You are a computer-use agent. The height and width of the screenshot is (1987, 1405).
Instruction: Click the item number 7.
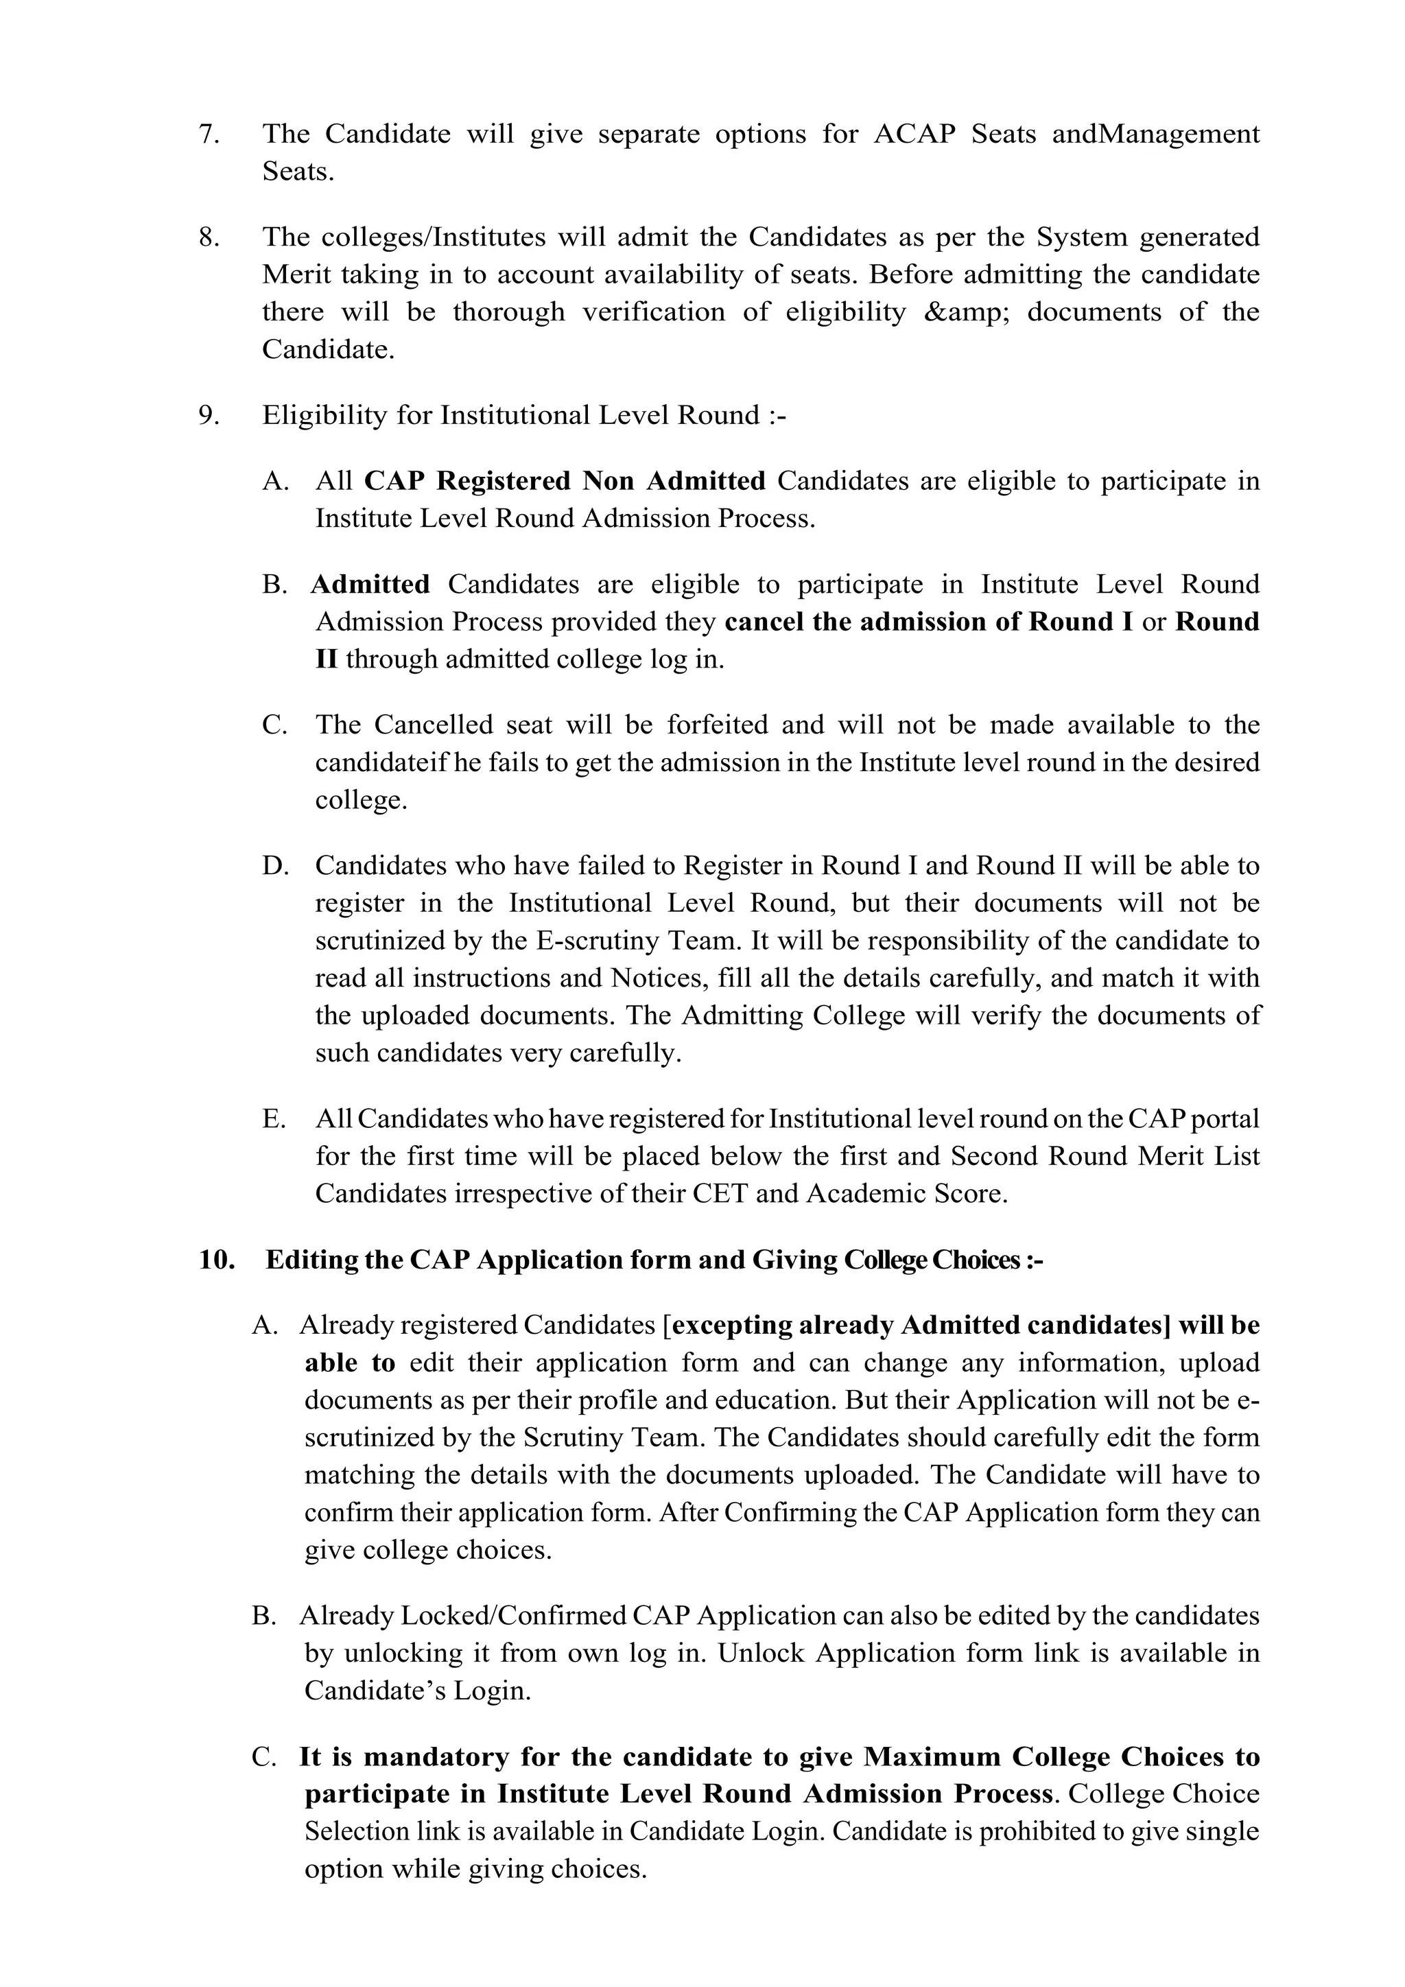pyautogui.click(x=209, y=134)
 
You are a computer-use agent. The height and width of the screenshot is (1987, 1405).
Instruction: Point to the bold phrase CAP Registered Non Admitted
pyautogui.click(x=564, y=480)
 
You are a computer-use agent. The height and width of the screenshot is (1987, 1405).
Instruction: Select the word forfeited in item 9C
pyautogui.click(x=716, y=725)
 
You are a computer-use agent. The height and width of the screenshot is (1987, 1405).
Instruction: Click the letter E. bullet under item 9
pyautogui.click(x=274, y=1119)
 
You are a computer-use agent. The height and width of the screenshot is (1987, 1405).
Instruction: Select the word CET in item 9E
pyautogui.click(x=720, y=1195)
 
